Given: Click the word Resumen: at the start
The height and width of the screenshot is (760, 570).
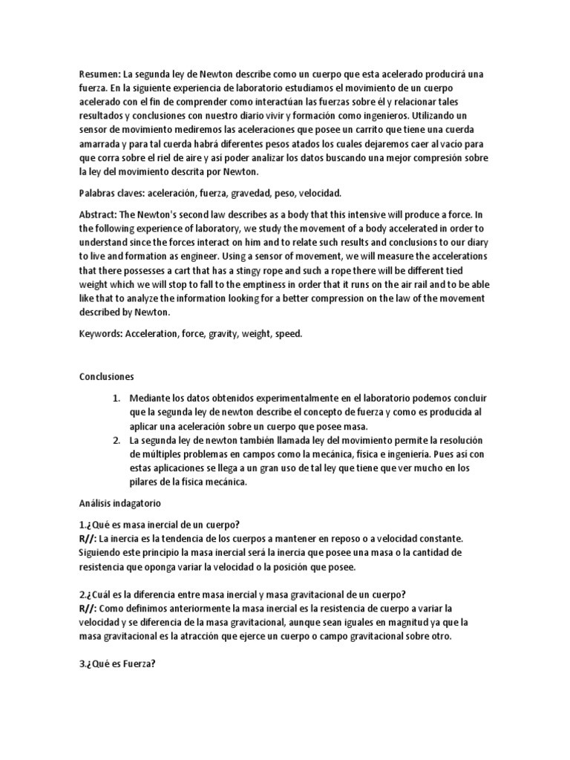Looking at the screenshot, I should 99,75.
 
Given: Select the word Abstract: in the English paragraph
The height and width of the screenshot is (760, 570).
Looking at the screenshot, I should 99,214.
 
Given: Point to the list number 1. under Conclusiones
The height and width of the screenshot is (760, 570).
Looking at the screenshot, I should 117,398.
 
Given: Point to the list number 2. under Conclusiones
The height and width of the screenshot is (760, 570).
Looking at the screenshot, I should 117,440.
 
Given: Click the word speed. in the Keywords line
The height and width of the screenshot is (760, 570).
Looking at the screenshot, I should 289,334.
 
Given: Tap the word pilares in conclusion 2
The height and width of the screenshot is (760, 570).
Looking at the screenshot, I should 147,482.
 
